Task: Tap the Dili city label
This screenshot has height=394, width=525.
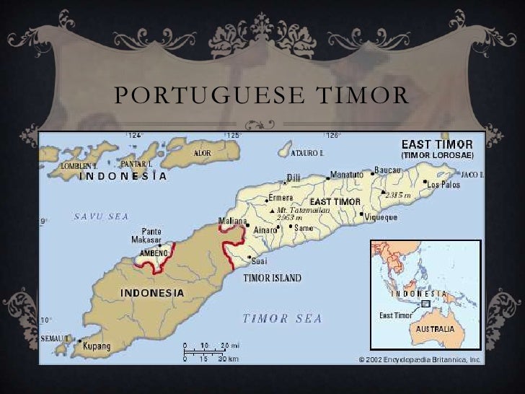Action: coord(294,177)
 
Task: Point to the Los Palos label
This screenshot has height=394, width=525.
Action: coord(443,185)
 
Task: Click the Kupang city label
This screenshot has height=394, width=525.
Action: coord(97,346)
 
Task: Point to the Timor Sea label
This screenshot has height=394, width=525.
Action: coord(282,318)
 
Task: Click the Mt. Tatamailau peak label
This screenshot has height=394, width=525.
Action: coord(303,210)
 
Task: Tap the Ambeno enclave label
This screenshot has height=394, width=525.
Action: coord(154,253)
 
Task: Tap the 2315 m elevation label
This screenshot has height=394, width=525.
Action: coord(397,195)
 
